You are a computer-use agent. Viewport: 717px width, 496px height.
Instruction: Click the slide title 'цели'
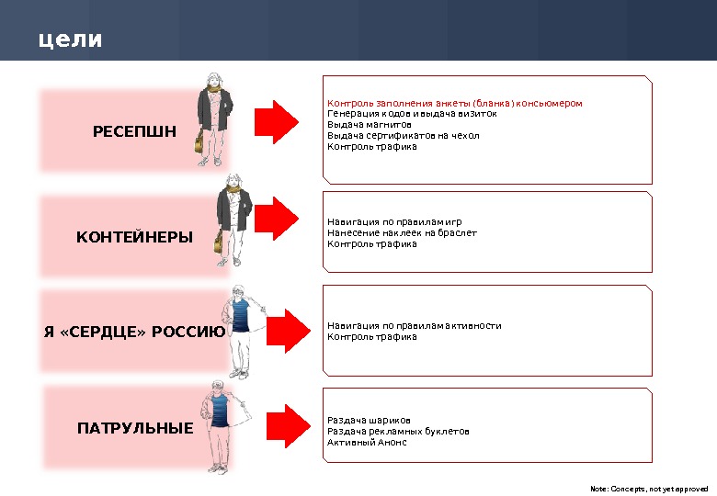[x=70, y=40]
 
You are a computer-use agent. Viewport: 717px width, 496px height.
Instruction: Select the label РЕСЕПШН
[x=134, y=130]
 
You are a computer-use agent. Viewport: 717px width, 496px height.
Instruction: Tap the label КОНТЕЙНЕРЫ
[x=134, y=237]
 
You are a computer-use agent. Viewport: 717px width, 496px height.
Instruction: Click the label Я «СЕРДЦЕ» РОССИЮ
[x=134, y=332]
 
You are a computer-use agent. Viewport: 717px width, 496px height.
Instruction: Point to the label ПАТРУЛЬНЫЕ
[x=134, y=428]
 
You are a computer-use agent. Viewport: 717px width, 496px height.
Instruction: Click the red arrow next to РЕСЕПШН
[x=277, y=118]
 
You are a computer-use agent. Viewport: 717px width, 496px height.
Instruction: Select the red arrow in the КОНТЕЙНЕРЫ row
[x=277, y=217]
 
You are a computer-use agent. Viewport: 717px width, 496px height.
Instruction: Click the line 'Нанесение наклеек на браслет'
[x=402, y=233]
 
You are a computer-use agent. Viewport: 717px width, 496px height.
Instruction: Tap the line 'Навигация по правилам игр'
[x=394, y=222]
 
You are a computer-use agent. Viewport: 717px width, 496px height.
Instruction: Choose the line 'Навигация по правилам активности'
[x=415, y=326]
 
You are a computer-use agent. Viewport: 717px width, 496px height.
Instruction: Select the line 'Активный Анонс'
[x=367, y=443]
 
